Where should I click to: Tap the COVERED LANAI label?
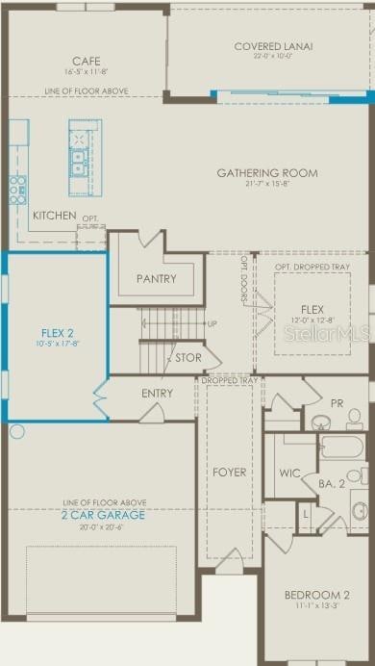(273, 45)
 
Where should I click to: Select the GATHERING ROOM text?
(266, 173)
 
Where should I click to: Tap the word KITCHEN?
(54, 216)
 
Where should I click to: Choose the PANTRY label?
(156, 279)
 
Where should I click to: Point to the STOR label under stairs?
(187, 358)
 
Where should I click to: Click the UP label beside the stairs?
(212, 323)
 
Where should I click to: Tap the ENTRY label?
(157, 393)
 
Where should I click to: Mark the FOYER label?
(228, 473)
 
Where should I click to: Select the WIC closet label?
(289, 473)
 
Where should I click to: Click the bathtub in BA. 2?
(340, 448)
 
